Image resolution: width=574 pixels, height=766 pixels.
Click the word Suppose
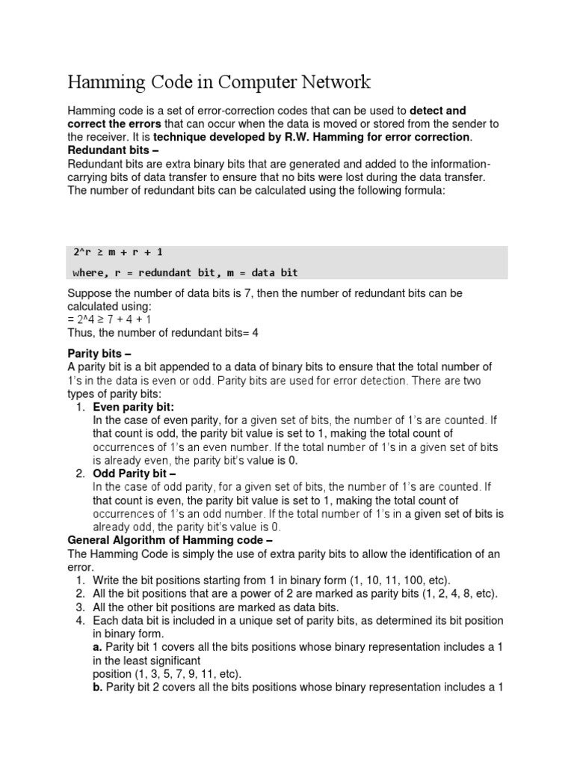tap(90, 294)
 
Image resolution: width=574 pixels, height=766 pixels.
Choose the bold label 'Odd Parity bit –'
tap(134, 474)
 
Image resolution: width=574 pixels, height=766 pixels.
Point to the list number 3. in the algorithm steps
tap(81, 607)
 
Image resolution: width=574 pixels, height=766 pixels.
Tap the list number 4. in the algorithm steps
tap(81, 620)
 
